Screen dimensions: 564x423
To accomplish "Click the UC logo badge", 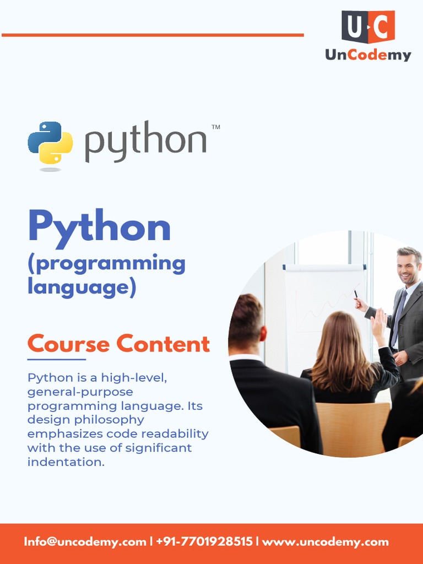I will (368, 27).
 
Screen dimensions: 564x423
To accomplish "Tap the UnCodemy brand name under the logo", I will (368, 55).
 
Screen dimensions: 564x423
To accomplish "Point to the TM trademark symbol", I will (216, 127).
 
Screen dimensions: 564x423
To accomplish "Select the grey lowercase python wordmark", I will (145, 142).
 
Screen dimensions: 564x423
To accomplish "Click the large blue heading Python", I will (99, 227).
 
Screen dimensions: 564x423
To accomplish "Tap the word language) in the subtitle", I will (82, 288).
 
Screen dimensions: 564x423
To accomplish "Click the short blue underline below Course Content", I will (56, 359).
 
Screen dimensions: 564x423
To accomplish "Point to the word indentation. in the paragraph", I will (66, 462).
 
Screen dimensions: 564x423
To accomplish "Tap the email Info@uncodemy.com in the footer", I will (85, 542).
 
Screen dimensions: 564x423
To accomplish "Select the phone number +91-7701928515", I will (204, 542).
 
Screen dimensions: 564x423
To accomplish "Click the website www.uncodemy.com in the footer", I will (326, 542).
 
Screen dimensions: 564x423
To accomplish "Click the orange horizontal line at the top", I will (153, 35).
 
